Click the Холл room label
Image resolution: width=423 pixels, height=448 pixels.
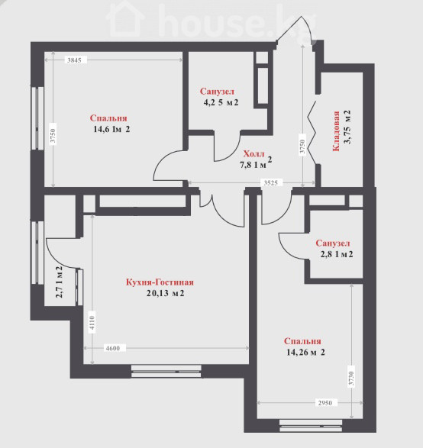coord(253,153)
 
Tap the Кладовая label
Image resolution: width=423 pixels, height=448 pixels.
coord(335,131)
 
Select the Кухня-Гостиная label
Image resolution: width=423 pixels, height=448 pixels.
coord(160,282)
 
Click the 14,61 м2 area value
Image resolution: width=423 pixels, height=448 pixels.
coord(111,129)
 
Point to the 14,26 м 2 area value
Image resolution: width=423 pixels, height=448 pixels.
coord(305,353)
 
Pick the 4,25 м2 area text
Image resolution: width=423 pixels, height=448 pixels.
coord(221,102)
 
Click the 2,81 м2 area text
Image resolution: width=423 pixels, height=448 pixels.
coord(337,254)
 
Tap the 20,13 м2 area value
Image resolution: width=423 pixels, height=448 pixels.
coord(165,293)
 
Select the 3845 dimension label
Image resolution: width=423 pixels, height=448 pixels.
coord(74,60)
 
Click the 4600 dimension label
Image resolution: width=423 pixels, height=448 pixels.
coord(113,348)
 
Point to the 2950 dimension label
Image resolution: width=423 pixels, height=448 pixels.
coord(325,403)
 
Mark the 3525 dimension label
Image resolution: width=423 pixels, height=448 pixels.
coord(270,183)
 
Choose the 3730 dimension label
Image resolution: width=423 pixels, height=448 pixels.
coord(351,379)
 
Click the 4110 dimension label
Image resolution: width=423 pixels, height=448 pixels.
coord(92,323)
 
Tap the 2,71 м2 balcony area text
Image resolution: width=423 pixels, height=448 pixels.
coord(59,282)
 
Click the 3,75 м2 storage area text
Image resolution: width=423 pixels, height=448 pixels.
coord(347,127)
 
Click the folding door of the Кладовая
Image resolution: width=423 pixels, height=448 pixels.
coord(312,133)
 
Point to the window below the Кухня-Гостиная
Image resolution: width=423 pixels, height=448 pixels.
coord(166,371)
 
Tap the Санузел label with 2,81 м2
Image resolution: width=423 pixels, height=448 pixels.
coord(333,243)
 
